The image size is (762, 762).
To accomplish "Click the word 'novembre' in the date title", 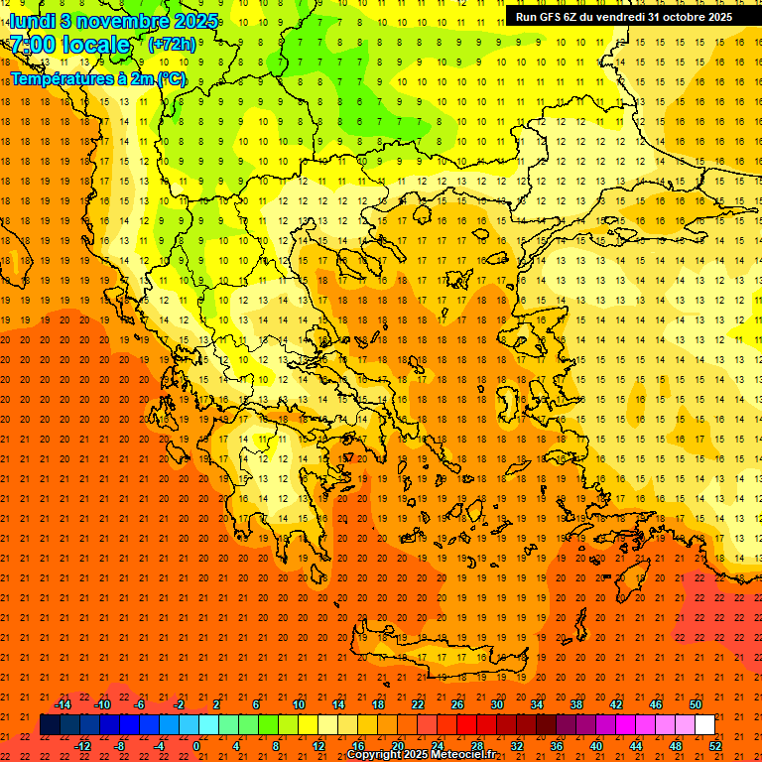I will click(107, 20).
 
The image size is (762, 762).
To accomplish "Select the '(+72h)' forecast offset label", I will click(172, 45).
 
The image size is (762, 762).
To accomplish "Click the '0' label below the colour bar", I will click(195, 746).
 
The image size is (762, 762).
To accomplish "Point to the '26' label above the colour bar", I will click(457, 704).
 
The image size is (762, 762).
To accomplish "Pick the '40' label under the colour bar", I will click(595, 746).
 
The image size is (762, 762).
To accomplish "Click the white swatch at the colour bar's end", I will click(704, 724).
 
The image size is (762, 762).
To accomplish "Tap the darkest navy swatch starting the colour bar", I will click(50, 724).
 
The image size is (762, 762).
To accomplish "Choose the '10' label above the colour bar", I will click(299, 704).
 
